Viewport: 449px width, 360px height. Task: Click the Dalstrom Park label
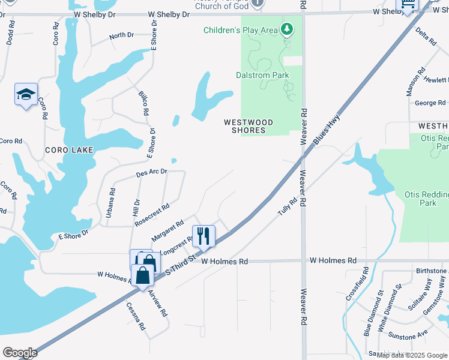pos(262,76)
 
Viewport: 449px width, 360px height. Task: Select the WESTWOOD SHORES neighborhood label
pos(249,126)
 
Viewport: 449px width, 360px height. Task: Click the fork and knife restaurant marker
pos(203,236)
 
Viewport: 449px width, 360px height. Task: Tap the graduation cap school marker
pos(26,95)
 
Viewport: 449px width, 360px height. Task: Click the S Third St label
pos(181,265)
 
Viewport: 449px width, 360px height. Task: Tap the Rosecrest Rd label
pos(152,214)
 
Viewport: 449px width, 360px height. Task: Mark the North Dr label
pos(121,36)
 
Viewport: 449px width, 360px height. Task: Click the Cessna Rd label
pos(136,316)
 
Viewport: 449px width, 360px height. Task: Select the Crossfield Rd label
pos(365,280)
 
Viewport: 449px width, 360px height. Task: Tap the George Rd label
pos(430,103)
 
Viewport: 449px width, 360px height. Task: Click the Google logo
pos(20,353)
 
